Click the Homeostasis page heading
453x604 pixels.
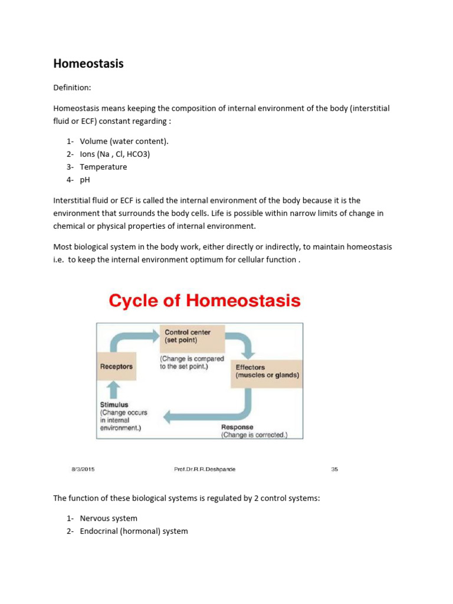pos(88,64)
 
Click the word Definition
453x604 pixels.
pos(72,87)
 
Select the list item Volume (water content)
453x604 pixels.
pos(124,142)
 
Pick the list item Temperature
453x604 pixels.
pos(103,167)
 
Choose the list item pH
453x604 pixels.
pos(86,179)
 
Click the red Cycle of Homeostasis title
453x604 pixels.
pos(205,301)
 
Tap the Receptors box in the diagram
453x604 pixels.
pos(116,367)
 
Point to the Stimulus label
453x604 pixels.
pos(114,405)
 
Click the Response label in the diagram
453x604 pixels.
pos(237,427)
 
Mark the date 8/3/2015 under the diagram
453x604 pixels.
pos(83,470)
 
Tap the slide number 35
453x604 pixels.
pos(334,470)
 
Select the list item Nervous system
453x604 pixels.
pos(109,518)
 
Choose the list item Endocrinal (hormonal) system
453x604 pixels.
pos(134,531)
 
